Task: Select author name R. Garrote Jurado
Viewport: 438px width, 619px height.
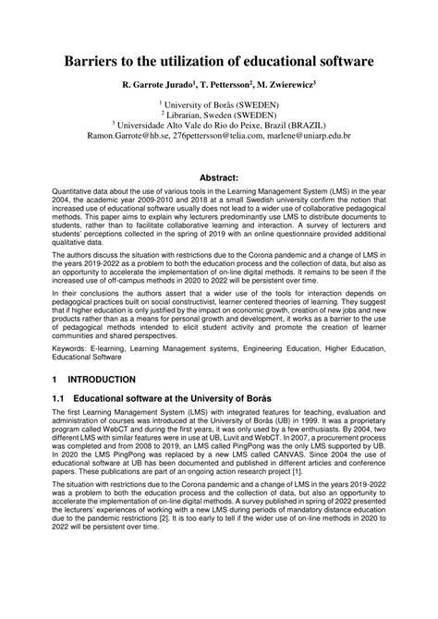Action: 157,84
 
